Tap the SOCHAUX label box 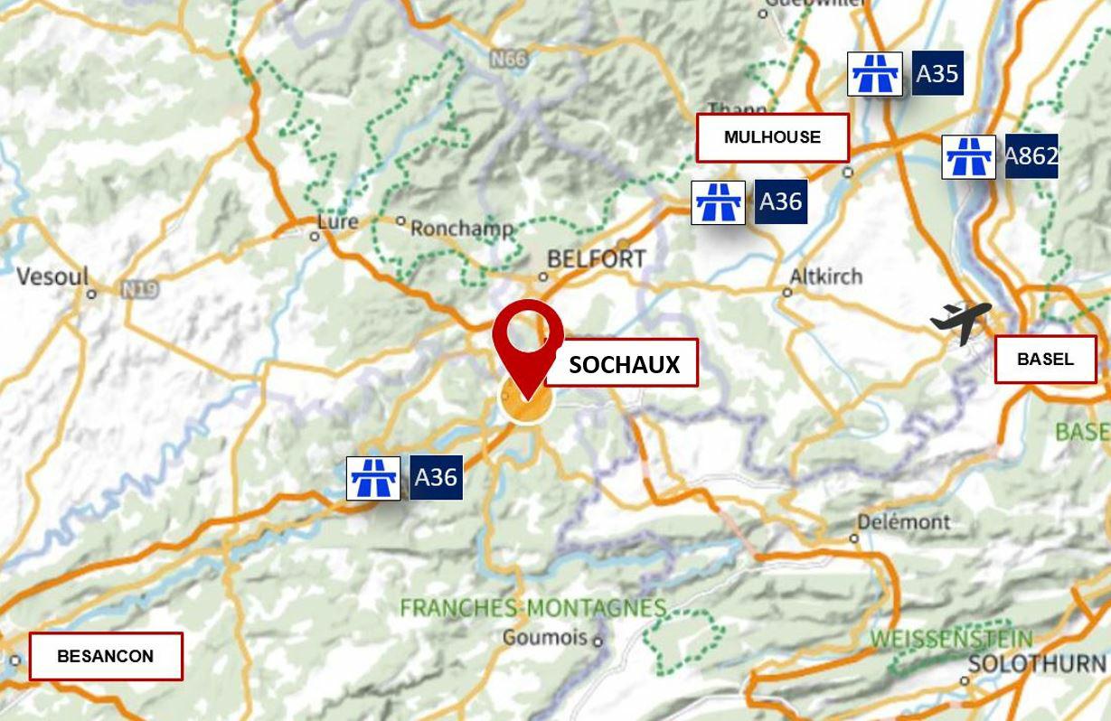pos(622,363)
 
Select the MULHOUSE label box pos(772,137)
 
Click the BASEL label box pos(1045,359)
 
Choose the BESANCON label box pos(106,656)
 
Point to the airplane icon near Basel pos(961,322)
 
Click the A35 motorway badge pos(937,73)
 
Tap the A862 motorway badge pos(1031,156)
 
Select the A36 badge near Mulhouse pos(780,201)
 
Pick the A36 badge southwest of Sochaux pos(436,477)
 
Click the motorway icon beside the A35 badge pos(875,74)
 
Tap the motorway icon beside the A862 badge pos(969,157)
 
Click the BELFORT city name pos(597,259)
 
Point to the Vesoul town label pos(52,276)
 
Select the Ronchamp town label pos(461,229)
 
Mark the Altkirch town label pos(826,276)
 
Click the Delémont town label pos(903,522)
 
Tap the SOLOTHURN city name pos(1035,664)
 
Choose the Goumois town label pos(545,638)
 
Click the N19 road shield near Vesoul pos(140,290)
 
